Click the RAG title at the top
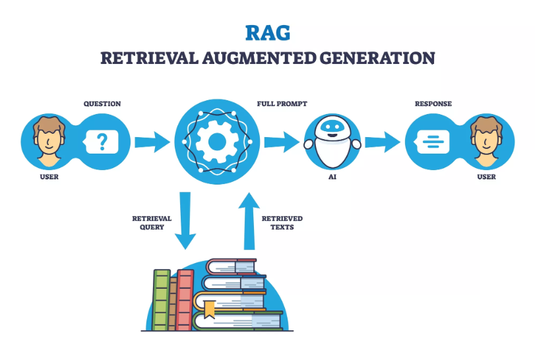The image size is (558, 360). [x=267, y=32]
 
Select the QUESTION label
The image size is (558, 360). [x=102, y=104]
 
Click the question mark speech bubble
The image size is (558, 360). [x=102, y=141]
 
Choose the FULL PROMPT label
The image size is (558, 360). [x=282, y=104]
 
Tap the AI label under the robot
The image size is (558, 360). [x=332, y=177]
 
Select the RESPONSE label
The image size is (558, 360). [x=433, y=104]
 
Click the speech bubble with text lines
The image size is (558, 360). [x=432, y=140]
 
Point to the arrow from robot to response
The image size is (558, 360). [x=382, y=140]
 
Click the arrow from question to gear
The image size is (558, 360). [x=152, y=141]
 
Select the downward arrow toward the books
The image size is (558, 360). [x=185, y=221]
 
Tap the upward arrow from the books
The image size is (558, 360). [x=249, y=221]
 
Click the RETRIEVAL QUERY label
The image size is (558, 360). [x=152, y=223]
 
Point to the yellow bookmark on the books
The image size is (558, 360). [x=209, y=307]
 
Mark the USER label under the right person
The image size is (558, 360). [x=487, y=177]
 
